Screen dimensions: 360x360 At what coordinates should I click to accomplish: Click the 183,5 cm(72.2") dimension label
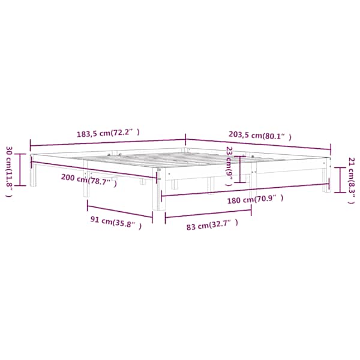(108, 133)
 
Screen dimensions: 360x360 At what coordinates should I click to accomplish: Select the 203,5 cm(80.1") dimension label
(260, 136)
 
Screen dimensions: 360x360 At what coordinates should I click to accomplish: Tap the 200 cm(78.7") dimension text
(89, 180)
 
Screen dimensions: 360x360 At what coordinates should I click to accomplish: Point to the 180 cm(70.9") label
(255, 199)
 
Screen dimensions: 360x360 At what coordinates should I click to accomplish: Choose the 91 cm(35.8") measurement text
(116, 222)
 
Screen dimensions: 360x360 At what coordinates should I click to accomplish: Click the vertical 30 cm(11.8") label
(9, 171)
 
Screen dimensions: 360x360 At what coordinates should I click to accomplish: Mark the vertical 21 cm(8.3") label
(352, 181)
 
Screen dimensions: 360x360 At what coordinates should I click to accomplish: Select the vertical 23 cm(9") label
(229, 166)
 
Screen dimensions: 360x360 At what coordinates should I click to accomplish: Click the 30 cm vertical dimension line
(20, 169)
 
